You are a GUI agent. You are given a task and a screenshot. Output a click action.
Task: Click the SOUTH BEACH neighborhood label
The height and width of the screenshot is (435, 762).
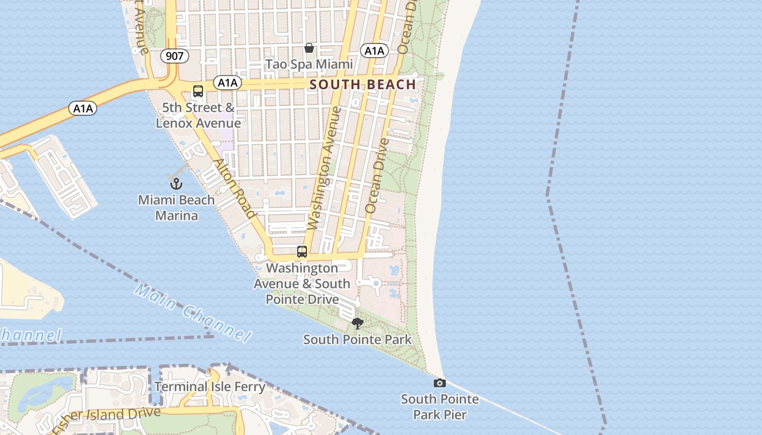(362, 84)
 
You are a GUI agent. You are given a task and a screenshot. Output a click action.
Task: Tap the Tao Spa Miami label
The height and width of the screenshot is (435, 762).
(309, 64)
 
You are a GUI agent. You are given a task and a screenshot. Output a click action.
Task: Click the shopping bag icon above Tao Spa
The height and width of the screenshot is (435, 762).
(309, 48)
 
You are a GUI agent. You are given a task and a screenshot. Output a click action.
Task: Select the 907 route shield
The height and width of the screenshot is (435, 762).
(175, 55)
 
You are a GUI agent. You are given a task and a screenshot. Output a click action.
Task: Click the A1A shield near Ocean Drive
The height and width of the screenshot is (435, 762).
(374, 51)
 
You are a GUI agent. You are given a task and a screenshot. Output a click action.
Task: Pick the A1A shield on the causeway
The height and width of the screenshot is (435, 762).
(83, 108)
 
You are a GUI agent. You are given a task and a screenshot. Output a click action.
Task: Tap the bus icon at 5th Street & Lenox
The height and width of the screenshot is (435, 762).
(198, 91)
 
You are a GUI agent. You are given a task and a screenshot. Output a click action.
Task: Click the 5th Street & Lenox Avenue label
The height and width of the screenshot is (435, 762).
(198, 115)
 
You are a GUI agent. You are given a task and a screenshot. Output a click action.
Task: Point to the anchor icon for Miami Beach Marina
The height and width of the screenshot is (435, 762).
(176, 184)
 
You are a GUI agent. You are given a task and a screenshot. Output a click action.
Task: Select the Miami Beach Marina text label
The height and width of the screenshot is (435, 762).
(176, 208)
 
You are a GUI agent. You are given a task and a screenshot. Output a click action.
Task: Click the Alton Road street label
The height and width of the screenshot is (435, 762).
(233, 188)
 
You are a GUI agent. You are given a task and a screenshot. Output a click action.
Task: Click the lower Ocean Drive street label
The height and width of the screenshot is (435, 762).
(377, 175)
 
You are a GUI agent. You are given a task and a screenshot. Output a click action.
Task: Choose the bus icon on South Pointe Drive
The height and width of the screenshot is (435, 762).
(302, 252)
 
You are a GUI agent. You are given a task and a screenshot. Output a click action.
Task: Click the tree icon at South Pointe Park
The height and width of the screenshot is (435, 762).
(358, 324)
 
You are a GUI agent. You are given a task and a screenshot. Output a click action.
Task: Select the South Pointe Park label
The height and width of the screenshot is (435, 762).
(357, 340)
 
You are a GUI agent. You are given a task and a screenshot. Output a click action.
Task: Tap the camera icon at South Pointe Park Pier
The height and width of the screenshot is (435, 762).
(440, 383)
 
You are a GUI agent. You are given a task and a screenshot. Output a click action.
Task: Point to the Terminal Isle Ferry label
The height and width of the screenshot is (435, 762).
(210, 387)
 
